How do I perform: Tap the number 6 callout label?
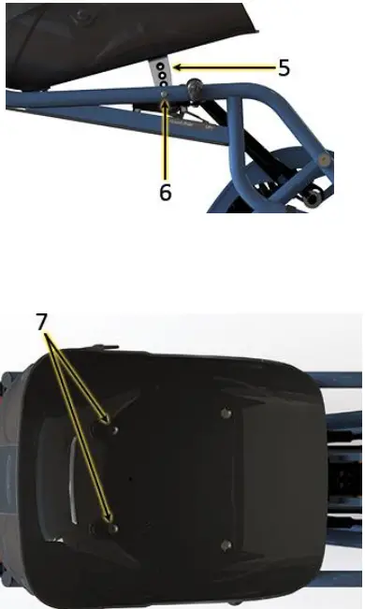pyautogui.click(x=165, y=193)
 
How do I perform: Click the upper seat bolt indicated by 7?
pyautogui.click(x=110, y=428)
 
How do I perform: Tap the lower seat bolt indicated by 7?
pyautogui.click(x=112, y=527)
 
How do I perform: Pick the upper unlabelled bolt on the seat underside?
pyautogui.click(x=224, y=412)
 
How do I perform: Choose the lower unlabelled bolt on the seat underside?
pyautogui.click(x=224, y=544)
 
